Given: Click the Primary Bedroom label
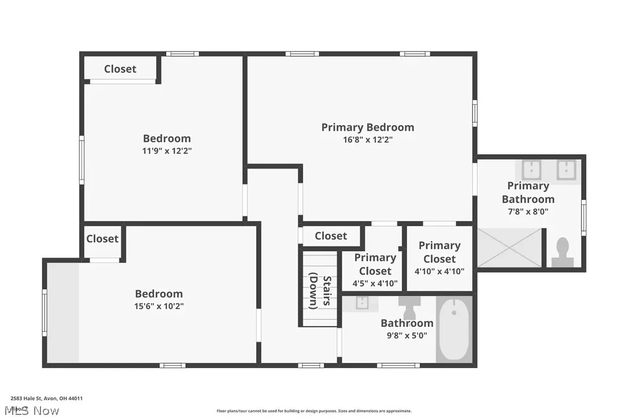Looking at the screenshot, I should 368,127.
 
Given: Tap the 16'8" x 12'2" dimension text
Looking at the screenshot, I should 368,139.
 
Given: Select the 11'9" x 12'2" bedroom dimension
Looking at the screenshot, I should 167,150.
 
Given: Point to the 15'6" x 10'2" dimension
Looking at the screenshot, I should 159,306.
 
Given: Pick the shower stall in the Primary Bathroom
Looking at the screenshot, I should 509,248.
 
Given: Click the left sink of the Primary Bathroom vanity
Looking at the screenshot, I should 531,170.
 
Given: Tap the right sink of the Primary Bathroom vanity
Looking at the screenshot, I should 565,170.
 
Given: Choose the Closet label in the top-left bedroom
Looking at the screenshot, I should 120,69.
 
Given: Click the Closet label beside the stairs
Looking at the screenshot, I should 331,236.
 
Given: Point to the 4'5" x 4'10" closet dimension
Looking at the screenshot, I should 375,284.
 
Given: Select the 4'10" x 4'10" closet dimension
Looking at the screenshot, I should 439,271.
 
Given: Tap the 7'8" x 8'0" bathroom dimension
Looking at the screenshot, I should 528,212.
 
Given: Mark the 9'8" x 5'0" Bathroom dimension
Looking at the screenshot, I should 407,335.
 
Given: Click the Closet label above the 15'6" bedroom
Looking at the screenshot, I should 102,238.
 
